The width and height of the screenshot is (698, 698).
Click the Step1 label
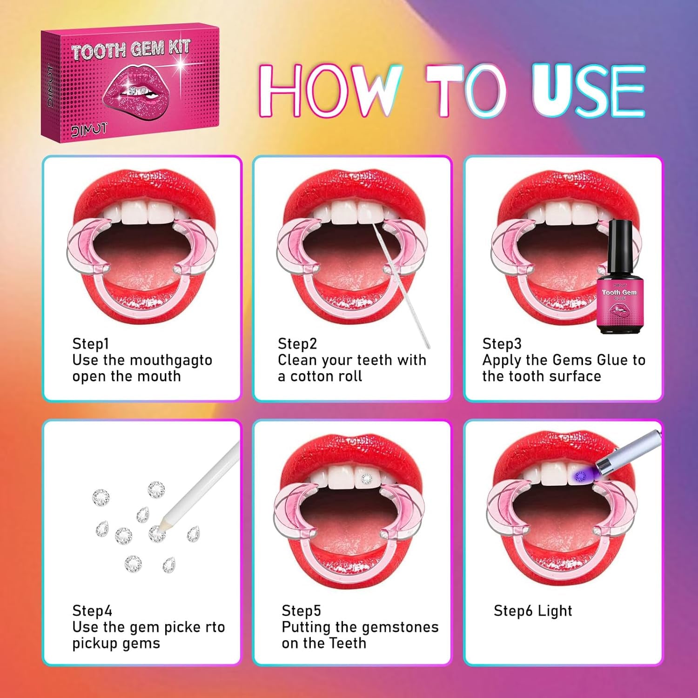click(90, 344)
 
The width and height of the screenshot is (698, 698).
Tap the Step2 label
click(297, 344)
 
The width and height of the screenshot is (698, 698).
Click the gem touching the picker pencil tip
click(157, 533)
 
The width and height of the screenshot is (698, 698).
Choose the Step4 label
click(92, 611)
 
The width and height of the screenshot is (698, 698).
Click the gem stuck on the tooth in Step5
click(367, 478)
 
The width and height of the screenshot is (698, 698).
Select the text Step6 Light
click(533, 611)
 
